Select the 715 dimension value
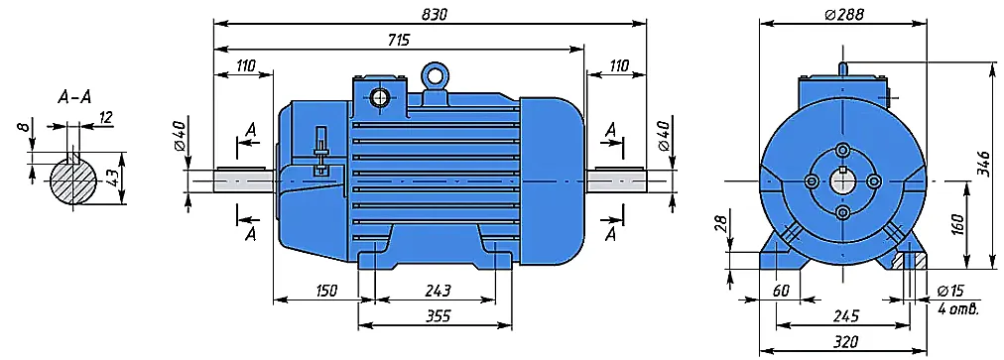(x=398, y=40)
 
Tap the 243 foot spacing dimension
(x=438, y=291)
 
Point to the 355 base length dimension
(x=438, y=315)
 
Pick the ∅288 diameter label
(x=844, y=14)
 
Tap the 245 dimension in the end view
(x=845, y=315)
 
